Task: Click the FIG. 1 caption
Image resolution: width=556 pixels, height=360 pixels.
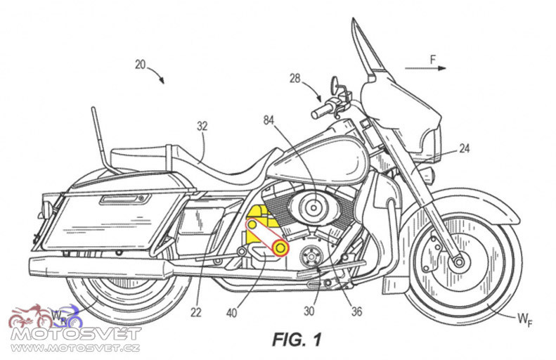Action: [297, 340]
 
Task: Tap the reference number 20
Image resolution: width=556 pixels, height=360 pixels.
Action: [141, 65]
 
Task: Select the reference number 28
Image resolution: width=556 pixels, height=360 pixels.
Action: [295, 78]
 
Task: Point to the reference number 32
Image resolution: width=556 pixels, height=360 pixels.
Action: [202, 126]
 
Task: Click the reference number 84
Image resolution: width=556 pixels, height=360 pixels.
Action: [269, 121]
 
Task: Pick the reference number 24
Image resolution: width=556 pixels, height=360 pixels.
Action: [464, 148]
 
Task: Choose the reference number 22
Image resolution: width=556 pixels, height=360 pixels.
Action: [195, 312]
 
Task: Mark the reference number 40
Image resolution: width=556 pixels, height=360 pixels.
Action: [231, 313]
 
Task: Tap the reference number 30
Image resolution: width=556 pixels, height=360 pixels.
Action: [309, 311]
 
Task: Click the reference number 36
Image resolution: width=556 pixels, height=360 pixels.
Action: [356, 311]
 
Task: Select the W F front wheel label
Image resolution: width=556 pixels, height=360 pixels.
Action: [525, 319]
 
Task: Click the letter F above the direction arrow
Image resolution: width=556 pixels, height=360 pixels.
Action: [433, 60]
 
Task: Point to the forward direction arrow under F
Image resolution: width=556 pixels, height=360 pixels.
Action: [425, 68]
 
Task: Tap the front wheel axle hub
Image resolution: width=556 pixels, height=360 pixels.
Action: [459, 262]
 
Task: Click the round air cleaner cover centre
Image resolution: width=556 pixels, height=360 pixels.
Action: [314, 207]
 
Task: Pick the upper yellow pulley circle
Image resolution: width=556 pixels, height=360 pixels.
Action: [252, 225]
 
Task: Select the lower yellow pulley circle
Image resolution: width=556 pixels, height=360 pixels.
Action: [280, 248]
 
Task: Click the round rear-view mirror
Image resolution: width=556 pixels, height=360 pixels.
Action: [335, 84]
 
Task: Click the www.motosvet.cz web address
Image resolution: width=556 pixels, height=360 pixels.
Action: [75, 347]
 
